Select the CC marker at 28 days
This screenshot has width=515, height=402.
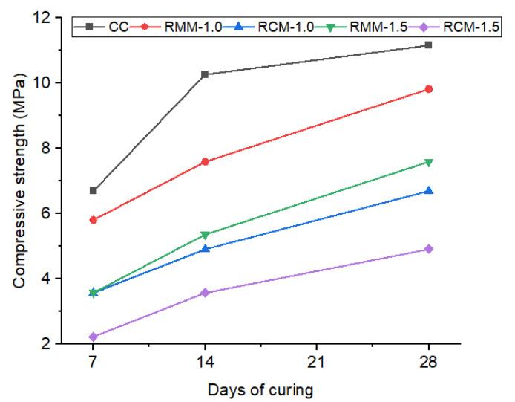click(x=429, y=45)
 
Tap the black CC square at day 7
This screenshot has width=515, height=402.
click(x=93, y=191)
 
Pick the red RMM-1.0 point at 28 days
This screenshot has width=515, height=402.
click(x=429, y=89)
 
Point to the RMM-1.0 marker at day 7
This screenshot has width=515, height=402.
click(x=93, y=220)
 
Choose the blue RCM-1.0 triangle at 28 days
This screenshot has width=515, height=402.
click(x=429, y=191)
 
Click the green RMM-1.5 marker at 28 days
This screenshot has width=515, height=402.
click(x=429, y=162)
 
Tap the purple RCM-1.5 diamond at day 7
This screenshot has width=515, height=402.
click(x=93, y=337)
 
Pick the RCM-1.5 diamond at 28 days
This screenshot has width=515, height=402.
click(x=429, y=249)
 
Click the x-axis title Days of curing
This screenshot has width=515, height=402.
click(x=260, y=389)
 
